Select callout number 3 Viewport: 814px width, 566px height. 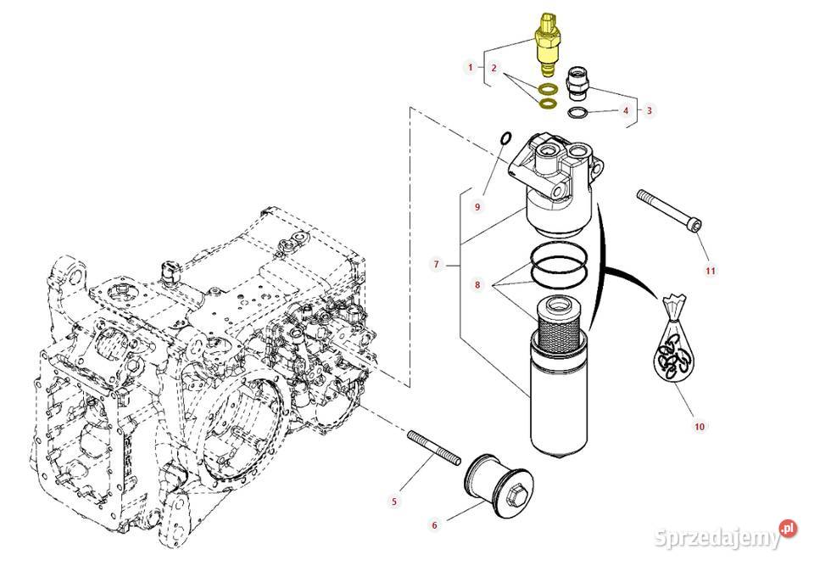(x=650, y=109)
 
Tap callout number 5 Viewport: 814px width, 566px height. (x=394, y=502)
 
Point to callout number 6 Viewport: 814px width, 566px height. (x=435, y=525)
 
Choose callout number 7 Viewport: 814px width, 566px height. (x=436, y=266)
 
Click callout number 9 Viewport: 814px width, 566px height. (x=477, y=206)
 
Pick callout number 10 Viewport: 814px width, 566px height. (x=700, y=426)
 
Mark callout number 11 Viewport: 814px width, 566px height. (x=711, y=271)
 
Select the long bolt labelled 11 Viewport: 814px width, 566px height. (x=669, y=208)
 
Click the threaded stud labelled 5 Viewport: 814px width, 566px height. (x=433, y=449)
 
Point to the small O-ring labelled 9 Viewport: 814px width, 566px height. (x=506, y=137)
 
